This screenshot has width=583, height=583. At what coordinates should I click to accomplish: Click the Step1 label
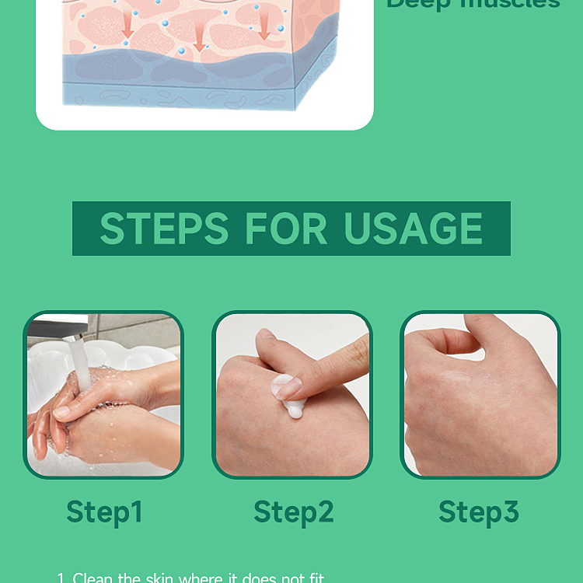point(104,512)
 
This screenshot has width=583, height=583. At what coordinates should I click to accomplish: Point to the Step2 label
point(293,512)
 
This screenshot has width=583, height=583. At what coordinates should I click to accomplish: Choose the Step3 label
point(478,512)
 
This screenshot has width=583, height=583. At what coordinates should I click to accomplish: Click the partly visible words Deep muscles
point(473,5)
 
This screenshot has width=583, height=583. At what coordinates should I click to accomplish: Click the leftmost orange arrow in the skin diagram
point(127,25)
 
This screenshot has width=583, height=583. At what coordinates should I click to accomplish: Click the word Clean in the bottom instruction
point(93,578)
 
